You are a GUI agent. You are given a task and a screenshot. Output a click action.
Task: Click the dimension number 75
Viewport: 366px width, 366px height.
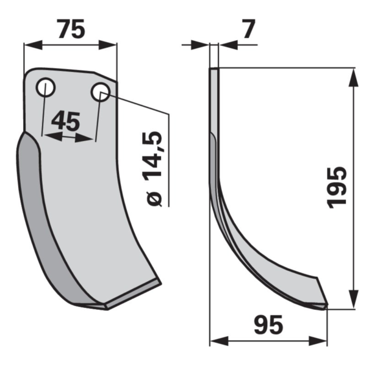pos(71,29)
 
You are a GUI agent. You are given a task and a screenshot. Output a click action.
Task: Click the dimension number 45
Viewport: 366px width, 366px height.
pos(66,121)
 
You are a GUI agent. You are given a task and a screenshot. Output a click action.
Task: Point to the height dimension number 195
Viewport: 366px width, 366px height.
pos(337,187)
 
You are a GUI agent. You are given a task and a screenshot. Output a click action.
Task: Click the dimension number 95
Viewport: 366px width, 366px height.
pos(268,325)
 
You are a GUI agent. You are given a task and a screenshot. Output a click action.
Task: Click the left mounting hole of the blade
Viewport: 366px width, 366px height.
pos(46,87)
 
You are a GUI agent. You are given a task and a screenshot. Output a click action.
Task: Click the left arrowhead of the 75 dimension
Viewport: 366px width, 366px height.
pos(33,45)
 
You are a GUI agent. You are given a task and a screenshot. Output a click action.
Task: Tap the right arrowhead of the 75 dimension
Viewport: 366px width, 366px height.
pos(107,45)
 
